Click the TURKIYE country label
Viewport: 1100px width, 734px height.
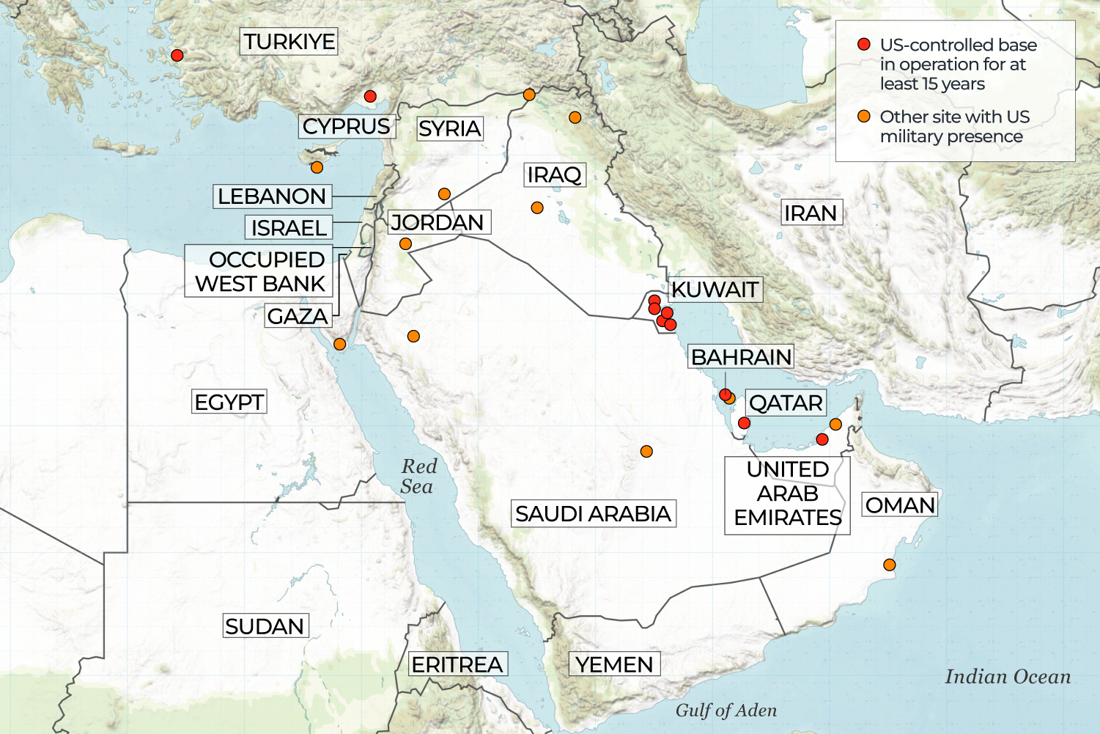coord(289,42)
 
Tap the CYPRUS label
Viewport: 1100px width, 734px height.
coord(347,126)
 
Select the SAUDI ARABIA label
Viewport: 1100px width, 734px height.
coord(593,513)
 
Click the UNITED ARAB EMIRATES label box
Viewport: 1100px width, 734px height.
coord(787,493)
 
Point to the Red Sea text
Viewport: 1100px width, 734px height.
coord(418,477)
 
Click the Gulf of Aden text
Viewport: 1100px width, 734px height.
coord(726,710)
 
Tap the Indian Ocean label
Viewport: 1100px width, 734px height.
coord(1008,676)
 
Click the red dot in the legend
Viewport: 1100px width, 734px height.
coord(864,45)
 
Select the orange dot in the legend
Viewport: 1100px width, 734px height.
coord(864,117)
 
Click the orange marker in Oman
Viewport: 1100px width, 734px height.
coord(889,565)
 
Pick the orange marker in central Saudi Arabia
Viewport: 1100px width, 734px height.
coord(646,451)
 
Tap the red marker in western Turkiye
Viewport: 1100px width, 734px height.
coord(177,55)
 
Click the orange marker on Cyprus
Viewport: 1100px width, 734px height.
coord(317,167)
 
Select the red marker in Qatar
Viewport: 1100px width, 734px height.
coord(744,422)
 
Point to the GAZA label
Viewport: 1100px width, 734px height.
coord(297,316)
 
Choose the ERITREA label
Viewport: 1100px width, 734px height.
coord(457,664)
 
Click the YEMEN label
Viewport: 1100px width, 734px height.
coord(614,664)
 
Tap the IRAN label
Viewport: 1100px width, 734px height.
coord(811,213)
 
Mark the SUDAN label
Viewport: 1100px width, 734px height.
coord(265,626)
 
